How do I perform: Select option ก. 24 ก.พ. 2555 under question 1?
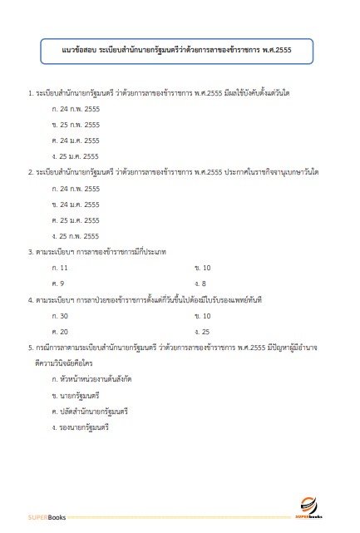75,109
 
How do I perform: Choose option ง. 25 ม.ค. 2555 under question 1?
75,155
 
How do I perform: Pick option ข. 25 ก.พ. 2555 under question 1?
75,125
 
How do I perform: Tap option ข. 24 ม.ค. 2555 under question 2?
75,205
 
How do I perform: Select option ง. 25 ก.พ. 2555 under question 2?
75,236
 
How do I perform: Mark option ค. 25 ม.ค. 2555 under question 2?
75,220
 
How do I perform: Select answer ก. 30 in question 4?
60,316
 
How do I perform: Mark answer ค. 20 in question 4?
60,332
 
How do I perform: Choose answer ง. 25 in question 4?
202,332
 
